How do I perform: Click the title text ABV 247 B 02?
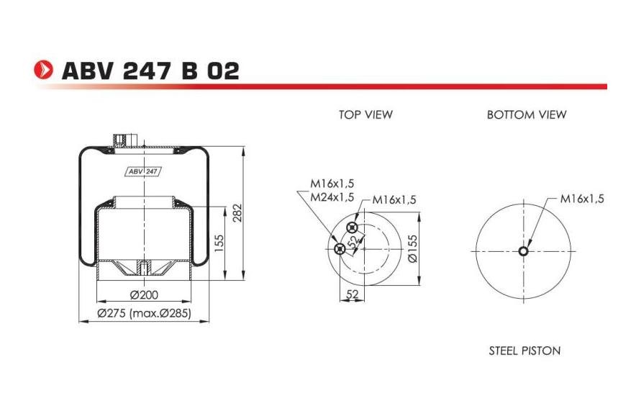(x=150, y=71)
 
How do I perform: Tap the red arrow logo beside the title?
(x=45, y=70)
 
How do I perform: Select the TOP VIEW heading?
(x=365, y=114)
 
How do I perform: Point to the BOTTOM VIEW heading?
(x=527, y=114)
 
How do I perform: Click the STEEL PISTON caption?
(x=524, y=351)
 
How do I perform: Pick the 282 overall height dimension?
(x=238, y=214)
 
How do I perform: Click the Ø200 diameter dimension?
(x=144, y=294)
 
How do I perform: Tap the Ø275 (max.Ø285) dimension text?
(x=144, y=313)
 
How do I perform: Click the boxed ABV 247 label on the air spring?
(x=142, y=171)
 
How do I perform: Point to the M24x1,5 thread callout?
(x=332, y=196)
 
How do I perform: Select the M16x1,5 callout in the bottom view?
(x=581, y=199)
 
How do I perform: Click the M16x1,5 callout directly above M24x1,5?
(x=332, y=183)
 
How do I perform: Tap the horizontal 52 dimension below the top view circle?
(x=353, y=294)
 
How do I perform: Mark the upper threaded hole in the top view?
(x=352, y=228)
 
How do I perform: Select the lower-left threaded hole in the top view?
(x=340, y=249)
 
